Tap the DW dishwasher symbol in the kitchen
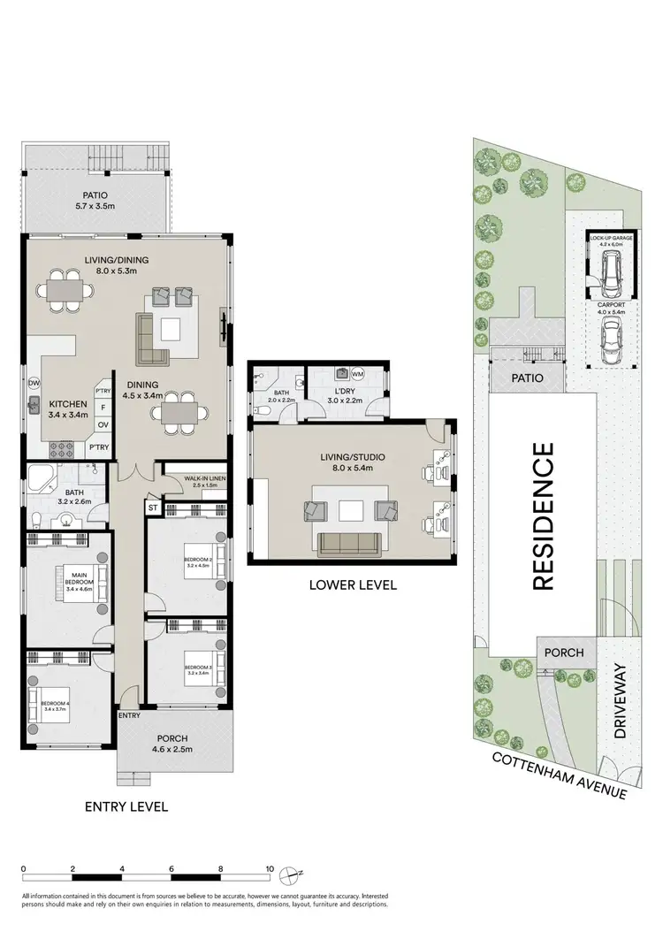click(34, 383)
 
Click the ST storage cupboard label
click(152, 508)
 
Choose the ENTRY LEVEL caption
click(126, 806)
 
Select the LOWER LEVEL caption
click(352, 584)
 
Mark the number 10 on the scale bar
click(269, 867)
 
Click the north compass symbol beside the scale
click(289, 875)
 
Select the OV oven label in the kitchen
click(102, 423)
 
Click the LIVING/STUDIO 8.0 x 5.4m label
click(354, 461)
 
